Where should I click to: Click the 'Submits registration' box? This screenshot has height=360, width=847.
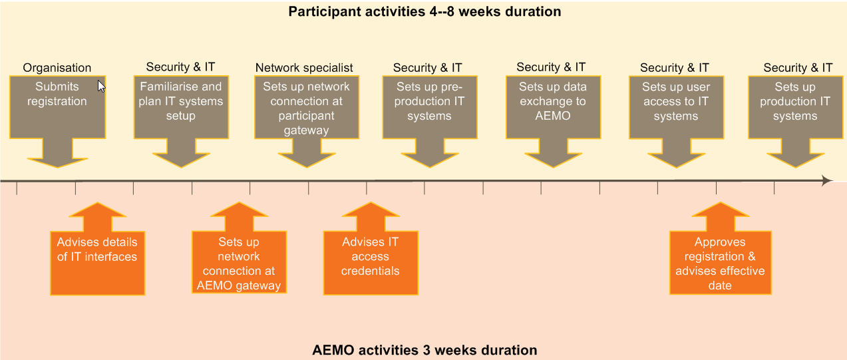[x=57, y=107]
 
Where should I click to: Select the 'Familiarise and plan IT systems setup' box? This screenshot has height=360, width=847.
[x=181, y=107]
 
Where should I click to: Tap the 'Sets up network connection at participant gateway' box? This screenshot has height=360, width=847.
[x=307, y=107]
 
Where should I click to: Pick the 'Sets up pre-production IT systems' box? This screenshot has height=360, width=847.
[x=430, y=107]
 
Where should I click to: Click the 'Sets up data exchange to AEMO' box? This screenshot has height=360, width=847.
[x=553, y=107]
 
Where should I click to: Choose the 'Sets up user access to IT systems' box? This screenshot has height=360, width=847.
[x=677, y=107]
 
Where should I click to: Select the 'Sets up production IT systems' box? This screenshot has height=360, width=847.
[x=796, y=107]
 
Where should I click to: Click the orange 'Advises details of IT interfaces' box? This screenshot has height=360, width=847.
[x=98, y=263]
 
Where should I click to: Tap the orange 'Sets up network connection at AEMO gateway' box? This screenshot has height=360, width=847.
[x=239, y=262]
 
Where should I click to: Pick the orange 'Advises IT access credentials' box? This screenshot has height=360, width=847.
[x=371, y=263]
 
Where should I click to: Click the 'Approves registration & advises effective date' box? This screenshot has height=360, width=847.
[x=721, y=263]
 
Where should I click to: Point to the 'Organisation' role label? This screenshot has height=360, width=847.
[x=57, y=68]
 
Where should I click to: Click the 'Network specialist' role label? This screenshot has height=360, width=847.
[x=304, y=68]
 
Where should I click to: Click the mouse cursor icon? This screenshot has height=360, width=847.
[x=101, y=87]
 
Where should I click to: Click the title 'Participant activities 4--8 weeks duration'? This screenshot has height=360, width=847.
[x=424, y=11]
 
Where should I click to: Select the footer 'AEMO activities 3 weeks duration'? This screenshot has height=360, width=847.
[x=424, y=350]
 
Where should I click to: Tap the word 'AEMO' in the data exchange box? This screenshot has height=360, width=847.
[x=553, y=116]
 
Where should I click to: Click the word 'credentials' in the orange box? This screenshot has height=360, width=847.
[x=370, y=271]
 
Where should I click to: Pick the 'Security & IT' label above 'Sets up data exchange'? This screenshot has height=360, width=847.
[x=551, y=67]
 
